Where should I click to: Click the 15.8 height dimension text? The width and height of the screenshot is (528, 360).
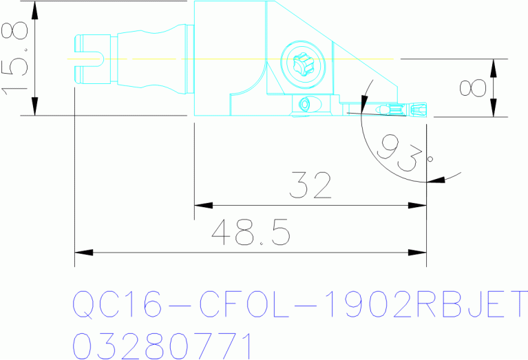15,58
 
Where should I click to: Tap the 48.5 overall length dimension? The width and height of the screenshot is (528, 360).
251,233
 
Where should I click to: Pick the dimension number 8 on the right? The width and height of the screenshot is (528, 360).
473,87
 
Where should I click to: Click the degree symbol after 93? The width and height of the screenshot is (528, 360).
430,159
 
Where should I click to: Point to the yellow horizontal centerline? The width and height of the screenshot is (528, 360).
227,59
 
